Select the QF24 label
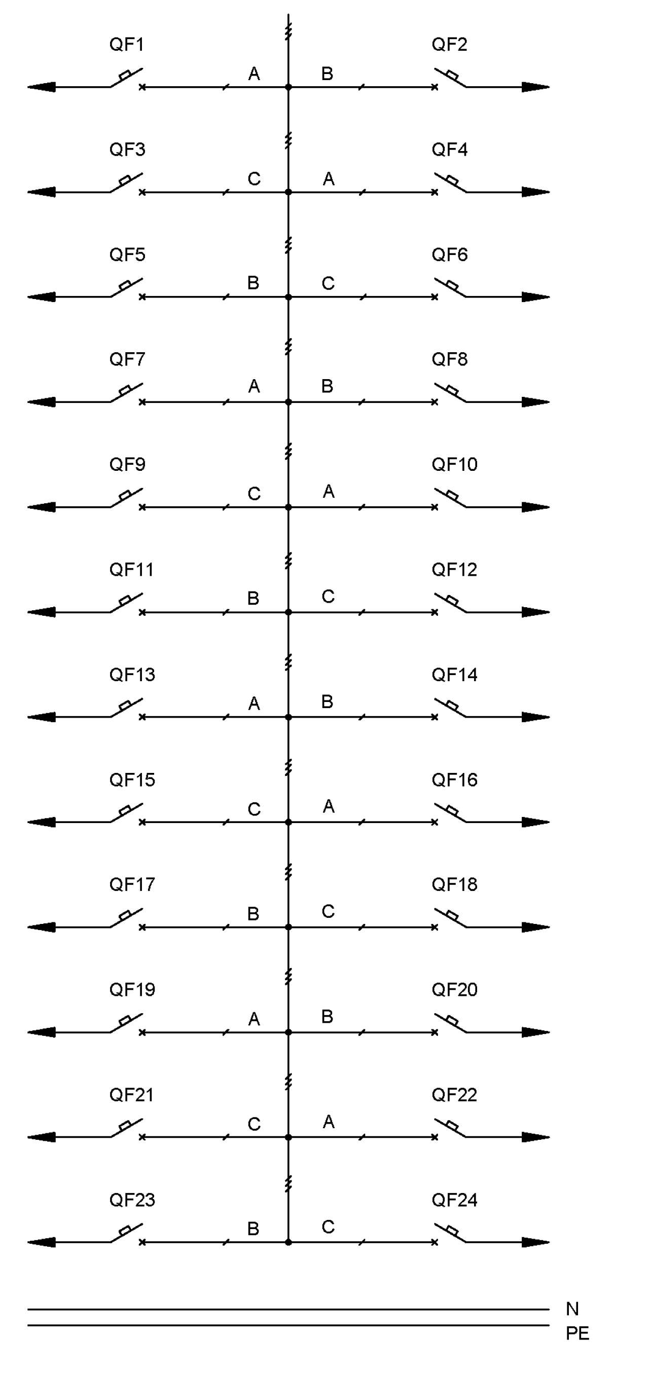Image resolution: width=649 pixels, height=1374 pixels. (454, 1200)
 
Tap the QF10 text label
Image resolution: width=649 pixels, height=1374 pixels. (454, 464)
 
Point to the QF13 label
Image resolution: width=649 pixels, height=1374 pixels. (132, 675)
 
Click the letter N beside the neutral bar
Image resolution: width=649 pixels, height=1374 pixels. (572, 1309)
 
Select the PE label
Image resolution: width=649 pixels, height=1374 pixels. (577, 1333)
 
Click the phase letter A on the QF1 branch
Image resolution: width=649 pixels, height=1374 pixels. (254, 73)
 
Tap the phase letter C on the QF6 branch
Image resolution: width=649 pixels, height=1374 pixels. (328, 283)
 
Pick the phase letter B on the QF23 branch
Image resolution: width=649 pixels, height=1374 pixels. (254, 1229)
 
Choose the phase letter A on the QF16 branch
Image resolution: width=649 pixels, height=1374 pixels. (329, 806)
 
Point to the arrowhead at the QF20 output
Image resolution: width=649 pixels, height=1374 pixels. (535, 1032)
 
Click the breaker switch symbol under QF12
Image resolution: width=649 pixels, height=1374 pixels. (450, 603)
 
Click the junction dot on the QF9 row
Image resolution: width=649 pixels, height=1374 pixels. (288, 507)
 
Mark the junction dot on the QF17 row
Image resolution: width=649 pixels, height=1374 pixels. (288, 927)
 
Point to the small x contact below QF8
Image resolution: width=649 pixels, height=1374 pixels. (435, 402)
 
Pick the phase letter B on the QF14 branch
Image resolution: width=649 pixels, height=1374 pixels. (327, 701)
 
